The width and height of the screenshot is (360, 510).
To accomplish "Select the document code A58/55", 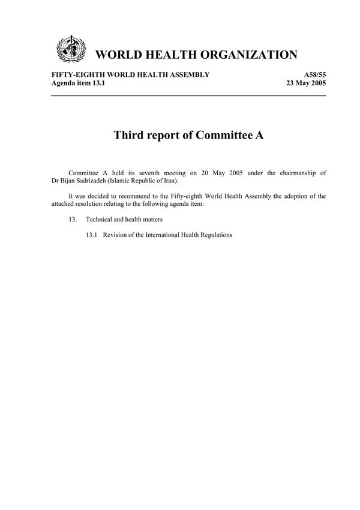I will (x=312, y=74).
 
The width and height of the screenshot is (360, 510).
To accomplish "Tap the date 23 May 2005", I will (x=307, y=83).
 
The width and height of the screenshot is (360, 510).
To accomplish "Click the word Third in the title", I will (x=130, y=135).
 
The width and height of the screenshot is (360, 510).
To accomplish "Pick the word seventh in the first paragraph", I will (x=155, y=173).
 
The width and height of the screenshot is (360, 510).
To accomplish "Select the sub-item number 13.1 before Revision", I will (x=92, y=235).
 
